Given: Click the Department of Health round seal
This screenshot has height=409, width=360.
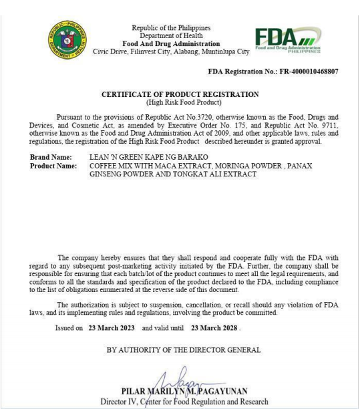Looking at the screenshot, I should click(67, 39).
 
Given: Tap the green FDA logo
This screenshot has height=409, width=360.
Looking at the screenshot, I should click(287, 40).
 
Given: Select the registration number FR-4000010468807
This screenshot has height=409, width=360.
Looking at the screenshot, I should click(309, 71).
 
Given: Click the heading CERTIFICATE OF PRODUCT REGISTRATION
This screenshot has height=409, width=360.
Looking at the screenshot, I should click(180, 95).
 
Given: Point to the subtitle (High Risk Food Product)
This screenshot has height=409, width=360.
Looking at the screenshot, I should click(180, 102).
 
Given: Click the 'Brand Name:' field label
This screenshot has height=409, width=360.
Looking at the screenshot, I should click(51, 157).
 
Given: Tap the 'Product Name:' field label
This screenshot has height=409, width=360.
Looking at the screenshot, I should click(53, 166).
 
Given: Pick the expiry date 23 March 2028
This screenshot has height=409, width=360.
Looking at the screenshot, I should click(214, 328).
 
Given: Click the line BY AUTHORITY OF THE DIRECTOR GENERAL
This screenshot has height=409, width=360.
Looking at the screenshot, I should click(184, 350).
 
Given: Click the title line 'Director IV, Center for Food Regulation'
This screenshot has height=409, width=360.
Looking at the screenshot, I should click(184, 402).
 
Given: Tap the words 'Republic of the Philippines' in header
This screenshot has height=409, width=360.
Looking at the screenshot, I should click(171, 28).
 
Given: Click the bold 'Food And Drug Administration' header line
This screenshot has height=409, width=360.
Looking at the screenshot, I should click(171, 43).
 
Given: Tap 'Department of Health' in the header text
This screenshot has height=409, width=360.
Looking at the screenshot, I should click(171, 35).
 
